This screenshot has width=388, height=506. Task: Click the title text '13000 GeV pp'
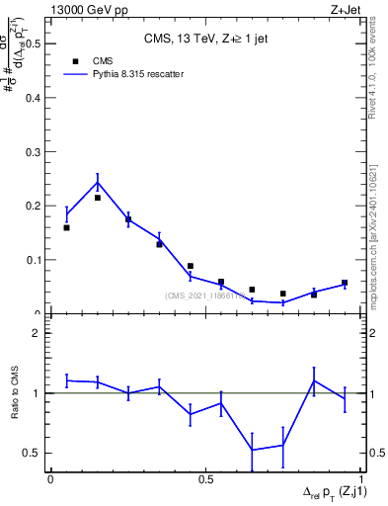point(81,9)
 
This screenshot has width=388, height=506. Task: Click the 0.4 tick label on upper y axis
point(34,98)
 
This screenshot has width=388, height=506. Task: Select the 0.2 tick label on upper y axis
point(34,206)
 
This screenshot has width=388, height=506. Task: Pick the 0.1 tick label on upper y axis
point(34,260)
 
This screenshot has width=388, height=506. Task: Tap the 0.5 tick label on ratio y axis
point(34,453)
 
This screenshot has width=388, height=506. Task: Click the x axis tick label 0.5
point(206,479)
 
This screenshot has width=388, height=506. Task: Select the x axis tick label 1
point(362,479)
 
